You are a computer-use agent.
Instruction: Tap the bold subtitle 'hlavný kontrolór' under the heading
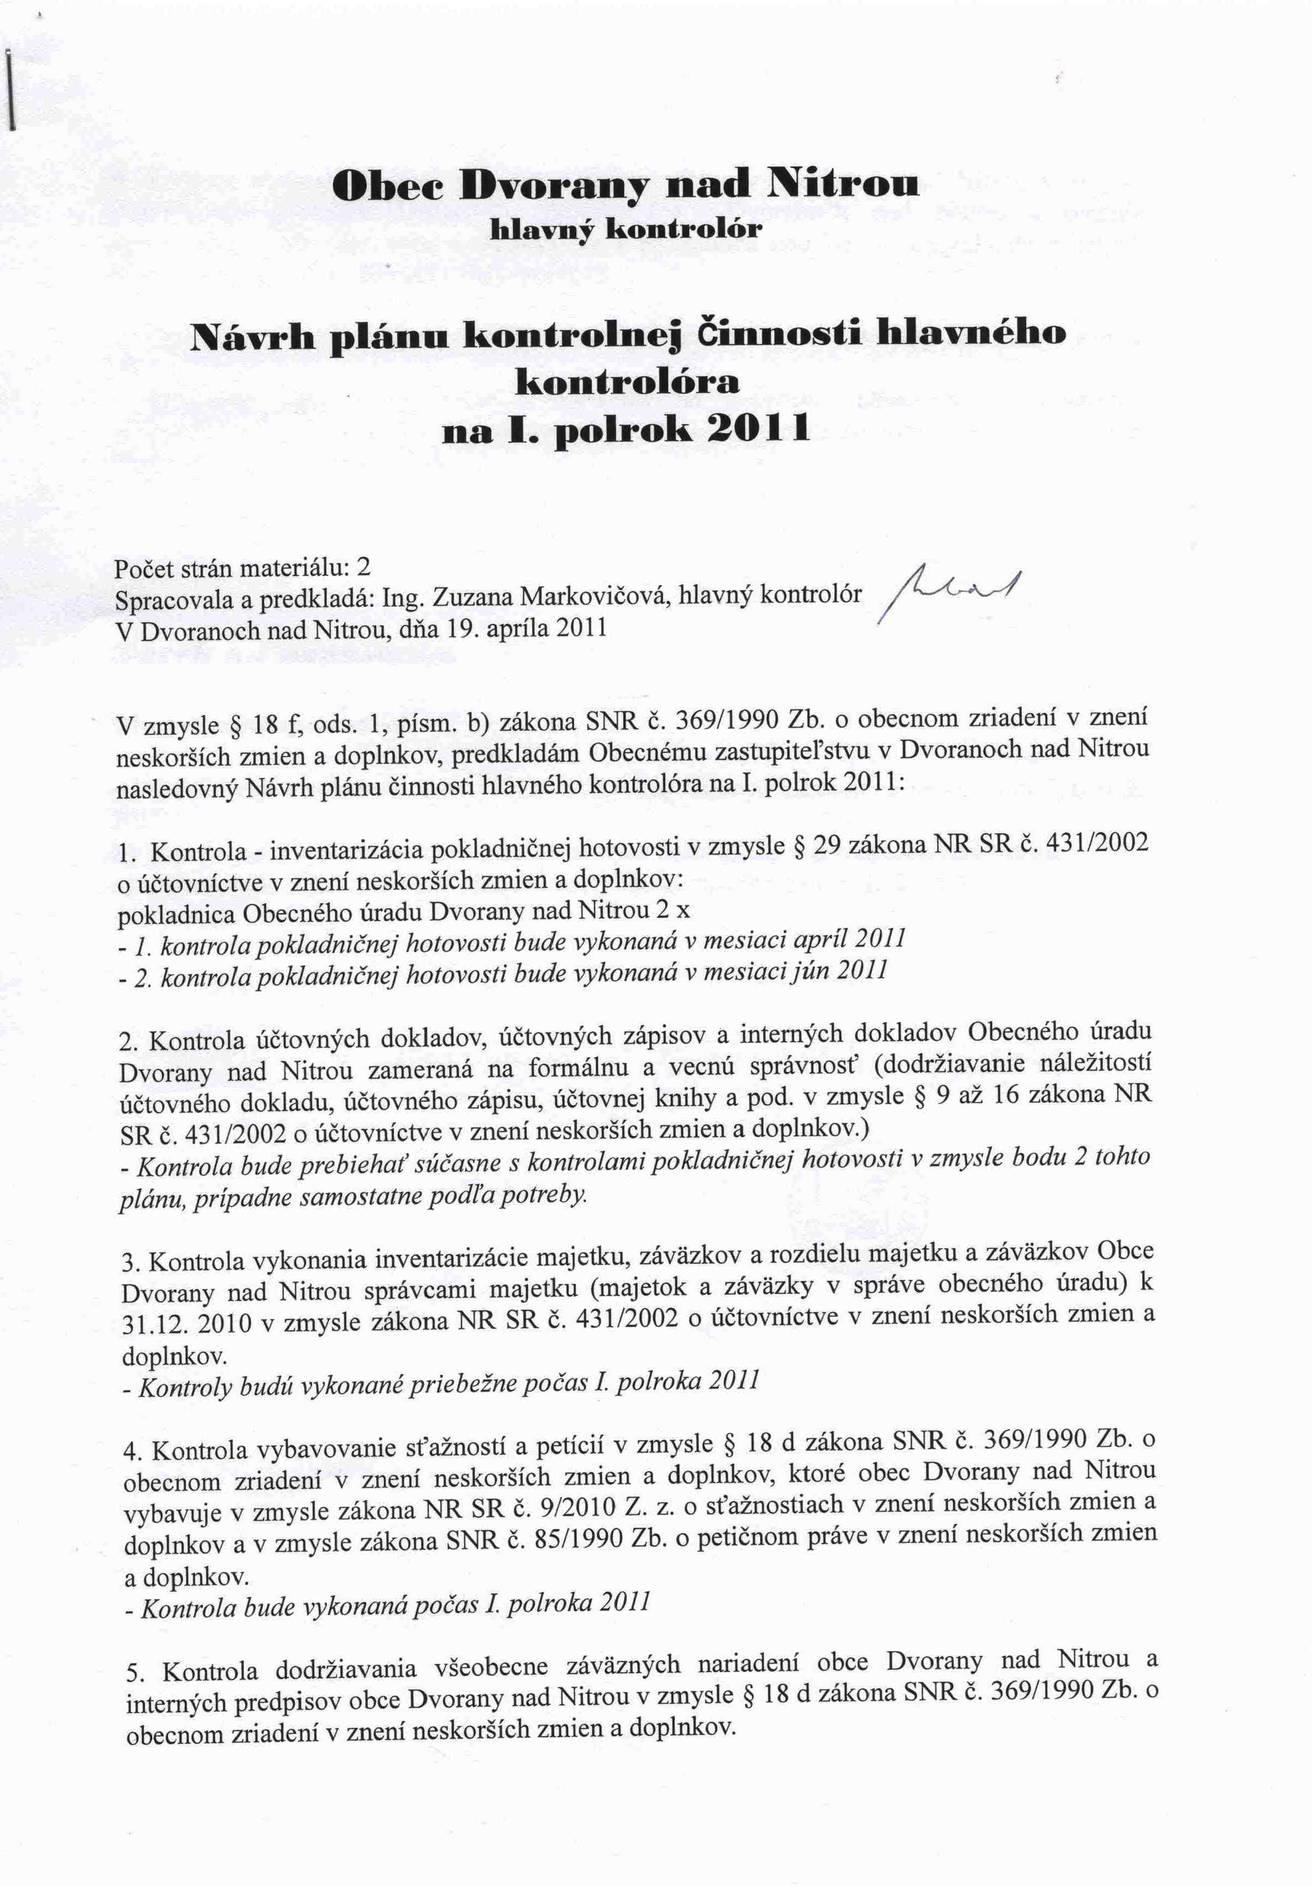click(x=627, y=229)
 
